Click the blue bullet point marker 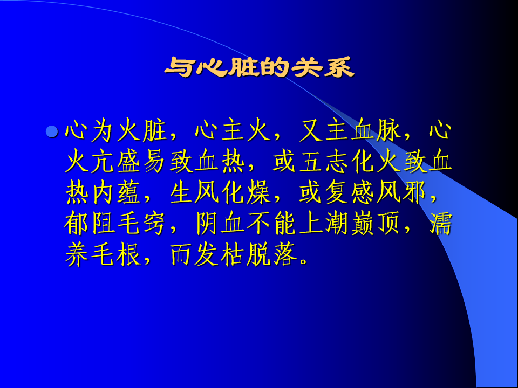click(x=52, y=131)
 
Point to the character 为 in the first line click(x=103, y=130)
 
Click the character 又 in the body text click(x=311, y=130)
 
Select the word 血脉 click(x=376, y=130)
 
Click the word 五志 click(x=324, y=161)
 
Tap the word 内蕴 click(x=117, y=192)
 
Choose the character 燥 click(x=258, y=192)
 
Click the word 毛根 click(x=117, y=255)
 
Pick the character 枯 click(x=233, y=255)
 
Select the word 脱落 click(x=271, y=255)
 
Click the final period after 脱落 click(x=303, y=262)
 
